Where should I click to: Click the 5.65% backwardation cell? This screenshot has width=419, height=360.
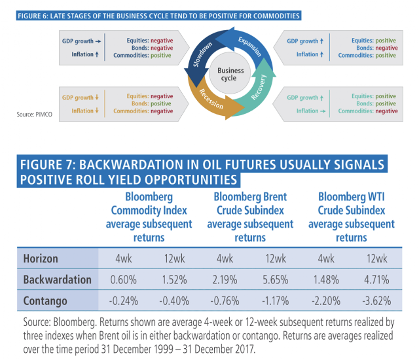pyautogui.click(x=276, y=279)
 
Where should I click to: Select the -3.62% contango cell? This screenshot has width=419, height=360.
pyautogui.click(x=376, y=301)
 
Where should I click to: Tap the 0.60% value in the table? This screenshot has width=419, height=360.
pyautogui.click(x=124, y=279)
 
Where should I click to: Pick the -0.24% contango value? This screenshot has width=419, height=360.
pyautogui.click(x=124, y=301)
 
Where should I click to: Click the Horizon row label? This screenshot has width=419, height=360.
pyautogui.click(x=41, y=259)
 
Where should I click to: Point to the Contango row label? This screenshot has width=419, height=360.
pyautogui.click(x=45, y=301)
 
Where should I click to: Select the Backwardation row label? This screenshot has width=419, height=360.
pyautogui.click(x=57, y=279)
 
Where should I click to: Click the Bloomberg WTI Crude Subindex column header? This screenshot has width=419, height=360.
pyautogui.click(x=352, y=217)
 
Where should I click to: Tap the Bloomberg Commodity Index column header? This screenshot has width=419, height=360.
pyautogui.click(x=149, y=217)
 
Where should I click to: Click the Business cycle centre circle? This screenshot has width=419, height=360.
pyautogui.click(x=230, y=73)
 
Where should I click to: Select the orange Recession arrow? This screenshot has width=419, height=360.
pyautogui.click(x=211, y=101)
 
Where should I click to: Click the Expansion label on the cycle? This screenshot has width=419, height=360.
pyautogui.click(x=250, y=46)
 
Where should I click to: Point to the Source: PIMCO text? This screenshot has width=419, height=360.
pyautogui.click(x=35, y=115)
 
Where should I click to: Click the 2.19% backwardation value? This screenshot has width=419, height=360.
pyautogui.click(x=225, y=279)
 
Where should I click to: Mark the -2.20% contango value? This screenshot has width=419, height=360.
pyautogui.click(x=326, y=301)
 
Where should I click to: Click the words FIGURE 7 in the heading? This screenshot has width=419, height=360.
pyautogui.click(x=46, y=164)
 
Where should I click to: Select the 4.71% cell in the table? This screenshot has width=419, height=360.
pyautogui.click(x=376, y=279)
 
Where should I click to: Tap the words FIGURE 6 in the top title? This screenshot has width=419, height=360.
pyautogui.click(x=32, y=16)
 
